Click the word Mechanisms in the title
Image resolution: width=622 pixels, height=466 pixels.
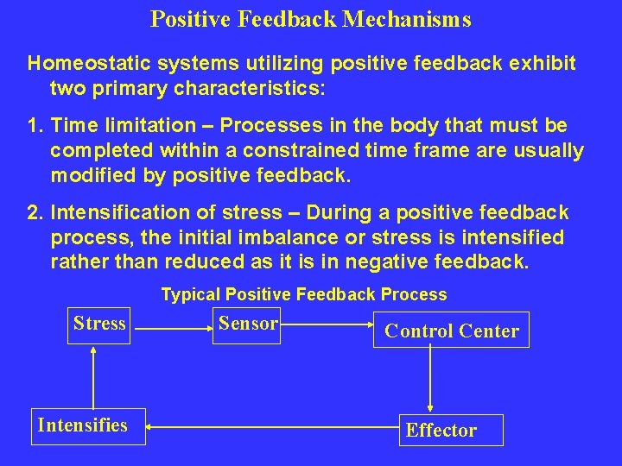(406, 19)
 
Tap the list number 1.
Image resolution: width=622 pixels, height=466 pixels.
(35, 127)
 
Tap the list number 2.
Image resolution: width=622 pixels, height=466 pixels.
(35, 212)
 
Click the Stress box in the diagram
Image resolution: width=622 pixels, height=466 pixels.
(99, 324)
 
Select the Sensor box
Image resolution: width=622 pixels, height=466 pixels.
(248, 324)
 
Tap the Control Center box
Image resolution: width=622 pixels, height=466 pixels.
(451, 331)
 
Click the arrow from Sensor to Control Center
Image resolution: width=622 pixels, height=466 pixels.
(326, 326)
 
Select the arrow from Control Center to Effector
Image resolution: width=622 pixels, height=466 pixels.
(430, 380)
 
